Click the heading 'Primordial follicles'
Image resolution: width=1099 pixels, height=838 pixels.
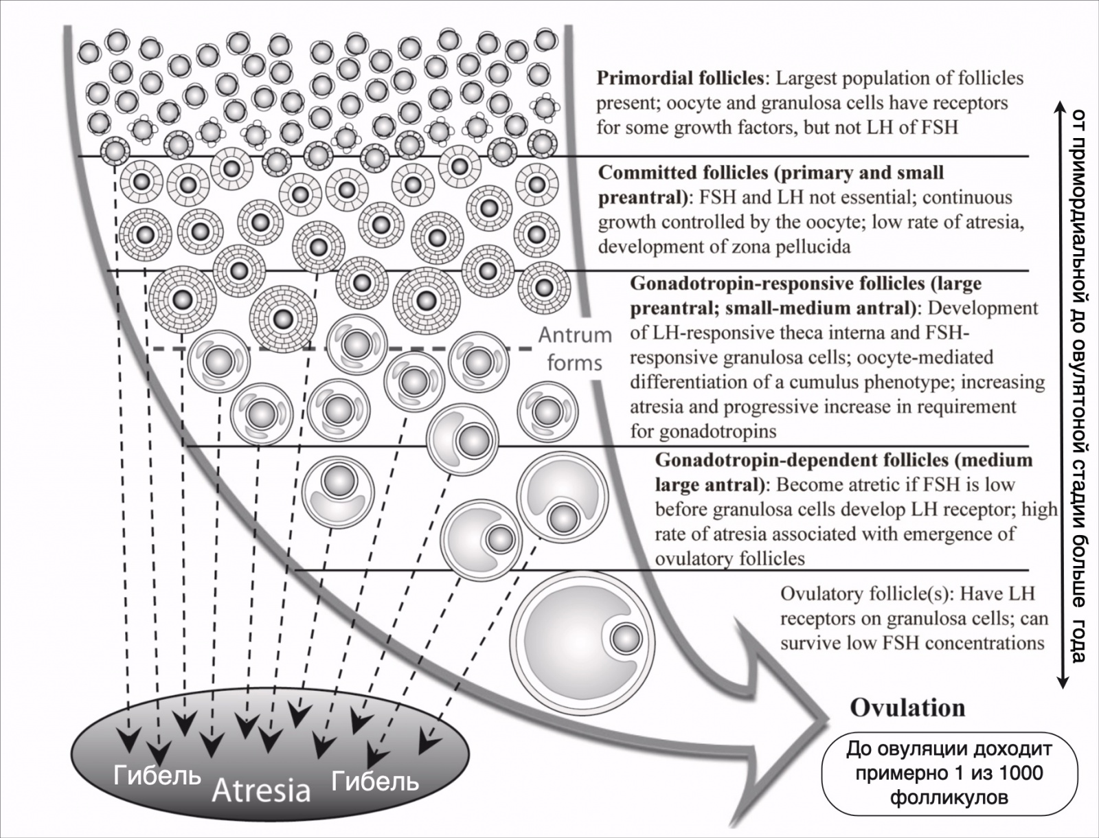[x=680, y=78]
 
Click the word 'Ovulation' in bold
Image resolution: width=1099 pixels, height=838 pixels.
[x=908, y=708]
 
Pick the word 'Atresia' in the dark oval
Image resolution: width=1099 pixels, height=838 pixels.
[x=262, y=791]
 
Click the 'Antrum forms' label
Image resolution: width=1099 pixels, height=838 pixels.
[x=575, y=349]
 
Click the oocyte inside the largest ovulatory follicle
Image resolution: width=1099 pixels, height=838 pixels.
[x=626, y=639]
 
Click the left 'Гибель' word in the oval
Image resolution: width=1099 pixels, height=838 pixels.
[x=157, y=775]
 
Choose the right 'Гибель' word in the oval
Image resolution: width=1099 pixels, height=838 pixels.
[x=375, y=781]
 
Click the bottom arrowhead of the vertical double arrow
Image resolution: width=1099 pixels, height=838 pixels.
[x=1062, y=682]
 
